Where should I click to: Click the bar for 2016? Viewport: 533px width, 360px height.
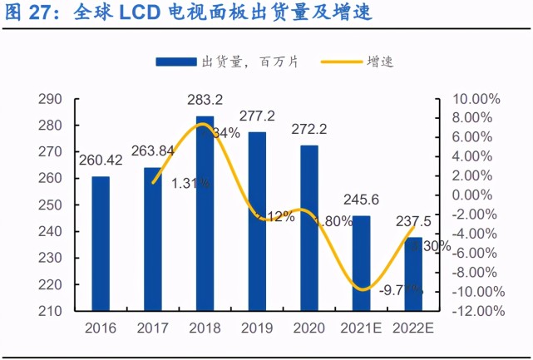(100, 244)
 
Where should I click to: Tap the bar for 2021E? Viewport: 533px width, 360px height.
(362, 263)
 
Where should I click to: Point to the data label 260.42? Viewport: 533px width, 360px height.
(100, 160)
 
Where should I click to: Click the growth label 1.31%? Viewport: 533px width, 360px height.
(190, 184)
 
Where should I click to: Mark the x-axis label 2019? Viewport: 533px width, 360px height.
(257, 328)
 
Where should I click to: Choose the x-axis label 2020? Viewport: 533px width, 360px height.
(309, 328)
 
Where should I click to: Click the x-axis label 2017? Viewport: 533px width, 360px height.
(152, 328)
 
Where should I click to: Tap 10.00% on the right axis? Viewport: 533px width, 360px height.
(476, 99)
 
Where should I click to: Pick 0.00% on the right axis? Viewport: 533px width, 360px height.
(478, 195)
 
